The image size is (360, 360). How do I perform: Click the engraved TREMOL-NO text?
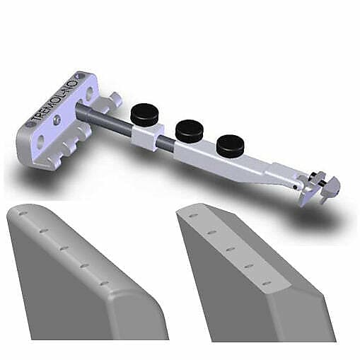(52, 100)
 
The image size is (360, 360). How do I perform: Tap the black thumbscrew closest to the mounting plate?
(145, 111)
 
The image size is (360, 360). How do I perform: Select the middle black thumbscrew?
(189, 128)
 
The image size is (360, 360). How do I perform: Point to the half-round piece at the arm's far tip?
(332, 189)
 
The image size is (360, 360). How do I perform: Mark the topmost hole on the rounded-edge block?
(23, 211)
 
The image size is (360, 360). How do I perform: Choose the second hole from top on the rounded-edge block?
(43, 230)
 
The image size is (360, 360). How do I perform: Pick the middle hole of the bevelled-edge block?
(230, 248)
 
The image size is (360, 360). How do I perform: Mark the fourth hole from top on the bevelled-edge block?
(248, 266)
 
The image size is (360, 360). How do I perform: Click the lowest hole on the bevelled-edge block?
(266, 284)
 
